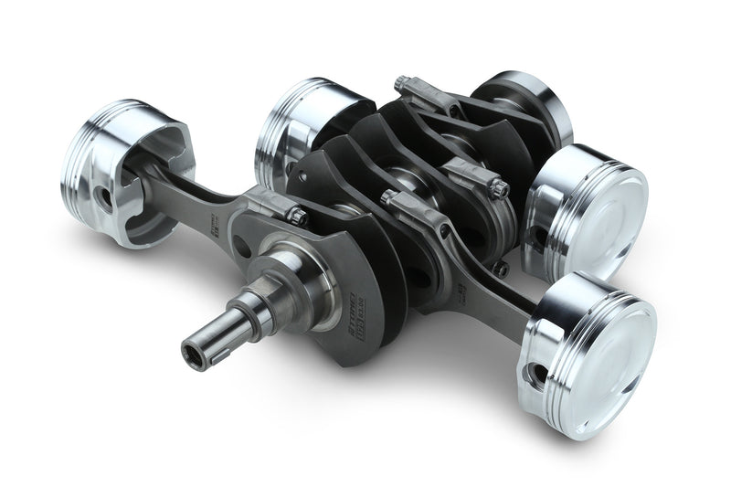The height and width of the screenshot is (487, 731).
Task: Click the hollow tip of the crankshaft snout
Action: coord(193,348)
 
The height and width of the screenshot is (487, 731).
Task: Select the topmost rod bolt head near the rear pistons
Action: coord(401,85)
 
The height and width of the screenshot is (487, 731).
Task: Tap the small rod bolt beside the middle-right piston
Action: coord(501,270)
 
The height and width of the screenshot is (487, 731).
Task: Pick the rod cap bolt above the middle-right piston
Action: coord(499,188)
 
